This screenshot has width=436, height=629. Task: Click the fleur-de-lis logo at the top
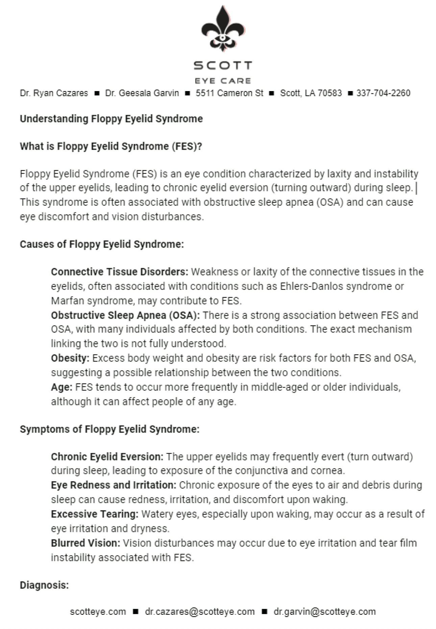pos(222,29)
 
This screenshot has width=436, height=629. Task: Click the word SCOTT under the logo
pos(223,65)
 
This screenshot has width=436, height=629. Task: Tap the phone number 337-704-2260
pos(383,93)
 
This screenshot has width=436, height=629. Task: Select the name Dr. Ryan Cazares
pos(54,93)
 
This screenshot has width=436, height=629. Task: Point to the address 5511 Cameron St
pos(229,93)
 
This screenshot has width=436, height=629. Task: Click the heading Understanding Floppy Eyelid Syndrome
pos(111,119)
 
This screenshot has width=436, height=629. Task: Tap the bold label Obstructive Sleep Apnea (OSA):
pos(125,315)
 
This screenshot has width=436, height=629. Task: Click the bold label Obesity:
pos(70,358)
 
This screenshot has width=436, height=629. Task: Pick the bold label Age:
pos(62,387)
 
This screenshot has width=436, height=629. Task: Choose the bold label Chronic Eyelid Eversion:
pos(107,457)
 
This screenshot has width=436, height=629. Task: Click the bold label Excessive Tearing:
pos(95,514)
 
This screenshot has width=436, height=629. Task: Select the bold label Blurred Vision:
pos(86,543)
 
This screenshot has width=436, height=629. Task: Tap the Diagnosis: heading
pos(44,585)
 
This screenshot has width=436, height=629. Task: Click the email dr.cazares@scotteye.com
pos(200,612)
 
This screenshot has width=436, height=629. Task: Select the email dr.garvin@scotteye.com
pos(324,612)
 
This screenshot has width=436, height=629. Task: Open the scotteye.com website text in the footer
pos(98,612)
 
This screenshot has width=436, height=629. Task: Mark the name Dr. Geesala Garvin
pos(142,93)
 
